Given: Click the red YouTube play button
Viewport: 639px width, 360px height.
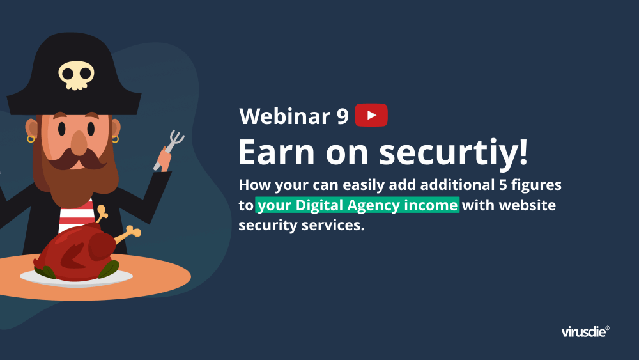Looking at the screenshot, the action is [371, 115].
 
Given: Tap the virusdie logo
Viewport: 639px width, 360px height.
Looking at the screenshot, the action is [585, 331].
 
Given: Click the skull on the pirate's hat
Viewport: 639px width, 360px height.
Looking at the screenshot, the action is [76, 75].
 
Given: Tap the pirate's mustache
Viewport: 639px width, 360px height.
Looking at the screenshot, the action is [78, 160].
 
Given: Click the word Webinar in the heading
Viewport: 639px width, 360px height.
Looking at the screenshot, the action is [285, 116].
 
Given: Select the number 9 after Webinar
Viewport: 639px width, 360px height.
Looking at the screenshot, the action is [343, 116].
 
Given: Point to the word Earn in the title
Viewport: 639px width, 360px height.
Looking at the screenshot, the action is [276, 152].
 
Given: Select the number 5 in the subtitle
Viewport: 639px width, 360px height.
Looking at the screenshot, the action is [503, 185].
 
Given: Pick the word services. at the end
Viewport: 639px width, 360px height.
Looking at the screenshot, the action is [333, 225].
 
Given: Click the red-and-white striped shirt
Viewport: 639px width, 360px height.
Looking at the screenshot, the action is [76, 215].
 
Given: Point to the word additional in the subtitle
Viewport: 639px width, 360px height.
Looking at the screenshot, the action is [458, 185].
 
